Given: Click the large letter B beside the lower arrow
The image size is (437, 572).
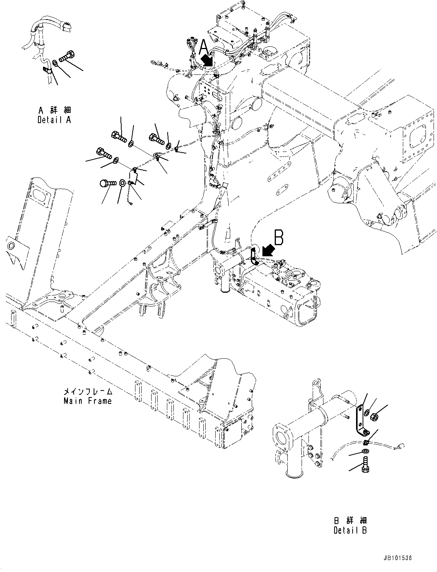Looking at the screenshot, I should (279, 237).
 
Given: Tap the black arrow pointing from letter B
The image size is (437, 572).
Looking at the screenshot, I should (269, 250).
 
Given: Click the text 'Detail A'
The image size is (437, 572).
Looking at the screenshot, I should (54, 120).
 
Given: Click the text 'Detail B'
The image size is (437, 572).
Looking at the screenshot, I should (350, 531).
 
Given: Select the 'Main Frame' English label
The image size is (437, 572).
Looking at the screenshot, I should (87, 401).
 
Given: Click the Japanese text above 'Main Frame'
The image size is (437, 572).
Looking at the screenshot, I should (88, 392).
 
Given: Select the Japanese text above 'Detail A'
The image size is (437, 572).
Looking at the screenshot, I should (54, 110).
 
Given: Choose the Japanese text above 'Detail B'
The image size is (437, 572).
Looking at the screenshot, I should (350, 521).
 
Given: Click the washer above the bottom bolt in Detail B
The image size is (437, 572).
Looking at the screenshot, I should (365, 451).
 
